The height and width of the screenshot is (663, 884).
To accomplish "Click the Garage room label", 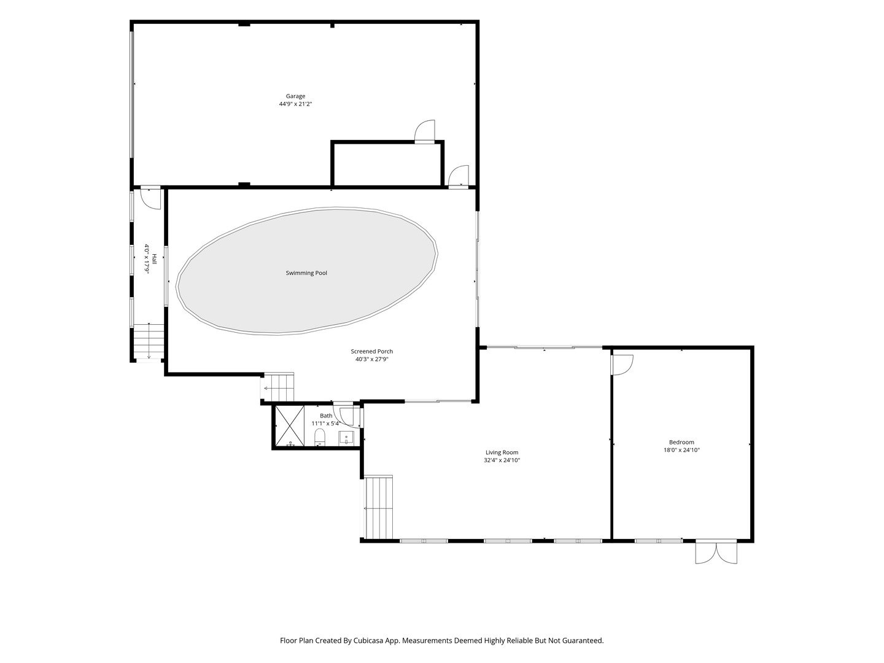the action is pyautogui.click(x=295, y=96).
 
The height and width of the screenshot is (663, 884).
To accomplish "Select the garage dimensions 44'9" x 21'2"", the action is pyautogui.click(x=295, y=104).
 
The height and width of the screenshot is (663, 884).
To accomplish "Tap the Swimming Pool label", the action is pyautogui.click(x=306, y=273).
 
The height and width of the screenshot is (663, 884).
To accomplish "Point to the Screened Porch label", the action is pyautogui.click(x=371, y=351).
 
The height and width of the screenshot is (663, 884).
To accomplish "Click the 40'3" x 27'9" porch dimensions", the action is pyautogui.click(x=371, y=359).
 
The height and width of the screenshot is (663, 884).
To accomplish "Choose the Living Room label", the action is pyautogui.click(x=502, y=452).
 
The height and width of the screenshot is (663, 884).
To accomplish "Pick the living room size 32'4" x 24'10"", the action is pyautogui.click(x=502, y=460).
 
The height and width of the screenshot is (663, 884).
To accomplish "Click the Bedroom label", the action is pyautogui.click(x=681, y=443).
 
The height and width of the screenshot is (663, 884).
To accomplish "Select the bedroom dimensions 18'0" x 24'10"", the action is pyautogui.click(x=681, y=450).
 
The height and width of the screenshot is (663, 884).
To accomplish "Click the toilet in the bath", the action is pyautogui.click(x=319, y=437).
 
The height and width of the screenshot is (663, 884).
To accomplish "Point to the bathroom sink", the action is pyautogui.click(x=346, y=438).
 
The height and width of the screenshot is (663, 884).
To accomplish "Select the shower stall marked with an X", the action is pyautogui.click(x=290, y=426).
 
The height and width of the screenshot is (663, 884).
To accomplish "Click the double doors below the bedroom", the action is pyautogui.click(x=716, y=552).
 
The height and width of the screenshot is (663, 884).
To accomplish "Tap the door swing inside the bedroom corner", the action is pyautogui.click(x=622, y=365).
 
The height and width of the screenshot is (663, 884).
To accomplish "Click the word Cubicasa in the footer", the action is pyautogui.click(x=368, y=640).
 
